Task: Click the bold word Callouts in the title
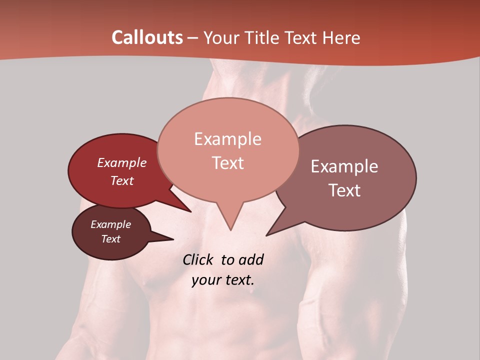click(x=147, y=37)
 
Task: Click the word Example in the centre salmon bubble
click(x=227, y=139)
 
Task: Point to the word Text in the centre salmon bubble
click(x=227, y=163)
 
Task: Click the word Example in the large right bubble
click(x=344, y=166)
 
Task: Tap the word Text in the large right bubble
click(x=344, y=190)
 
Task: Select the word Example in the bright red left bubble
click(x=122, y=163)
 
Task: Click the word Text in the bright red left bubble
click(x=122, y=181)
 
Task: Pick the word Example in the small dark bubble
click(x=111, y=224)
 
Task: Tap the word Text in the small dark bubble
click(x=111, y=239)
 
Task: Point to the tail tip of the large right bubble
click(x=267, y=235)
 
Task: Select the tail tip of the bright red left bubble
click(x=190, y=211)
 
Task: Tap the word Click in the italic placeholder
click(x=198, y=260)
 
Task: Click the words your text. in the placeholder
click(x=222, y=280)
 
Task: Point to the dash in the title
click(x=193, y=38)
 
